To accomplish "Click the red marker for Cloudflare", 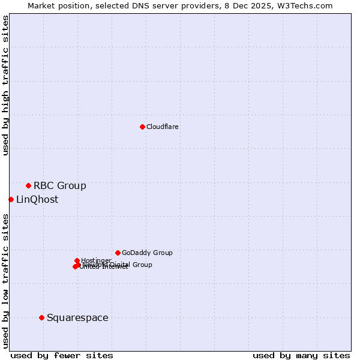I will click(x=142, y=127).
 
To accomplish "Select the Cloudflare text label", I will click(x=162, y=127).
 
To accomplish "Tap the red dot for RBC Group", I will click(x=28, y=185).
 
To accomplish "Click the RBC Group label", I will click(x=59, y=185).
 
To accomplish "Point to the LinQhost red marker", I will click(x=11, y=199).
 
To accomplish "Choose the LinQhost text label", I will click(x=37, y=199).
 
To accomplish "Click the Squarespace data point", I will click(x=41, y=317).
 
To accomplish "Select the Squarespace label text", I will click(x=77, y=317).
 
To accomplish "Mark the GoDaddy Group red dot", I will click(x=118, y=253).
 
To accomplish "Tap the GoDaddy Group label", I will click(x=146, y=253).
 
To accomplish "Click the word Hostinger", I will click(x=96, y=260).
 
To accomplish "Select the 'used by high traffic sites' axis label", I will click(x=5, y=85).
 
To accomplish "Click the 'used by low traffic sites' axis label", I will click(x=5, y=280).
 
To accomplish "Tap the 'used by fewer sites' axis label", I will click(x=62, y=355).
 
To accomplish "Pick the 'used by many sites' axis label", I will click(x=301, y=355).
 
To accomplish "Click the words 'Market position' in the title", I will click(x=56, y=5).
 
